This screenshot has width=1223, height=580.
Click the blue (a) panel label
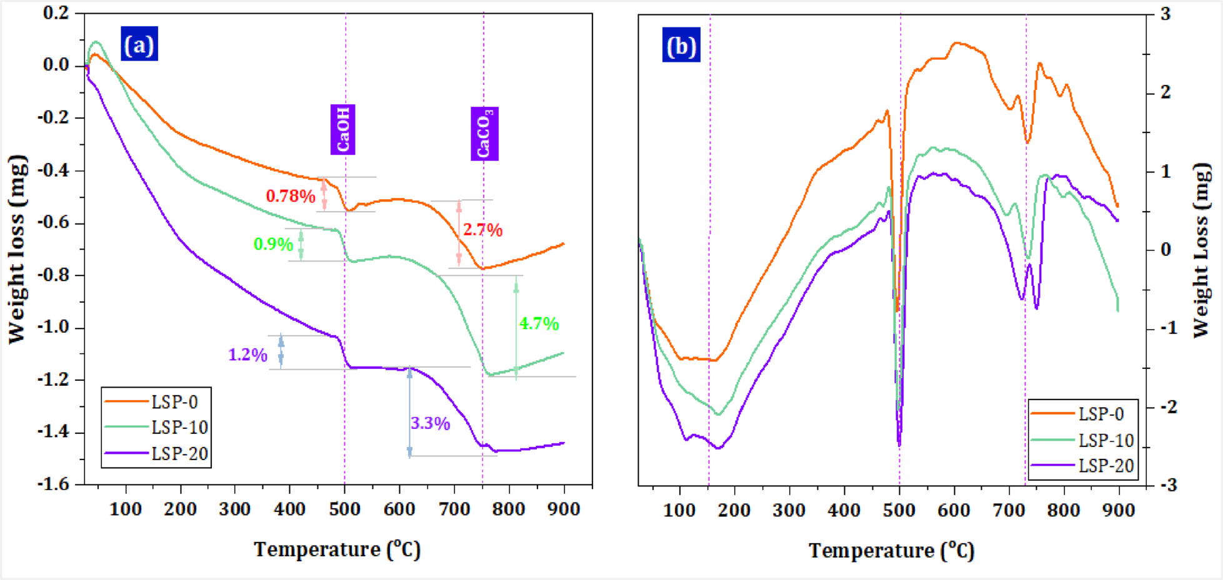coord(139,44)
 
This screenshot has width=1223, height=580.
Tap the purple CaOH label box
coord(342,130)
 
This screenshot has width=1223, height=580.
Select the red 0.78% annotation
coord(290,196)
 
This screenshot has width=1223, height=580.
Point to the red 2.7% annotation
coord(482,230)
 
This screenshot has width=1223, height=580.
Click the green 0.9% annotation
coord(272,244)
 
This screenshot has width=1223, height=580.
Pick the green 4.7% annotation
coord(539,323)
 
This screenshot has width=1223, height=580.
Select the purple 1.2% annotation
coord(247,355)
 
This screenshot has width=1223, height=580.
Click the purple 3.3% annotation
coord(430,423)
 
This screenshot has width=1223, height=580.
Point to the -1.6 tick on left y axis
coord(55,484)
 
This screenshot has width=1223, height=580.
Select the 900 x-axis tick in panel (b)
coord(1119,511)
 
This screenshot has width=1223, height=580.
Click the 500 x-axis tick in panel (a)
coord(345,509)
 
